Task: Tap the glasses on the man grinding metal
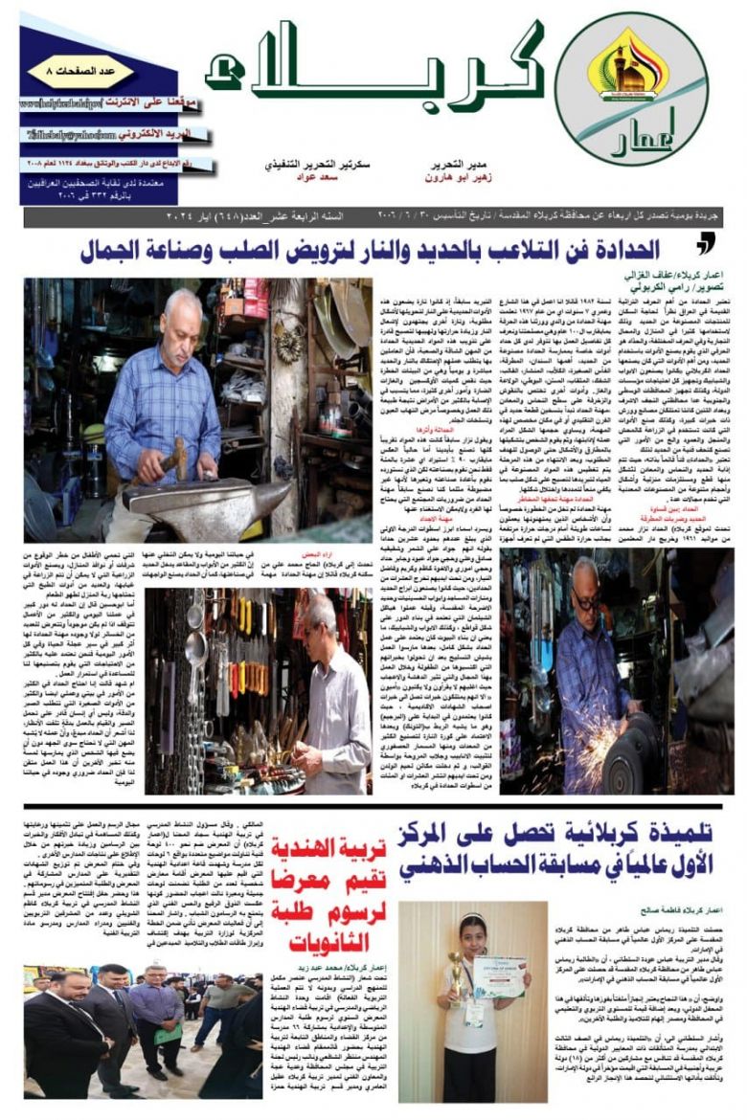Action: pyautogui.click(x=587, y=603)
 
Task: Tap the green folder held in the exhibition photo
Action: pyautogui.click(x=168, y=1034)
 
